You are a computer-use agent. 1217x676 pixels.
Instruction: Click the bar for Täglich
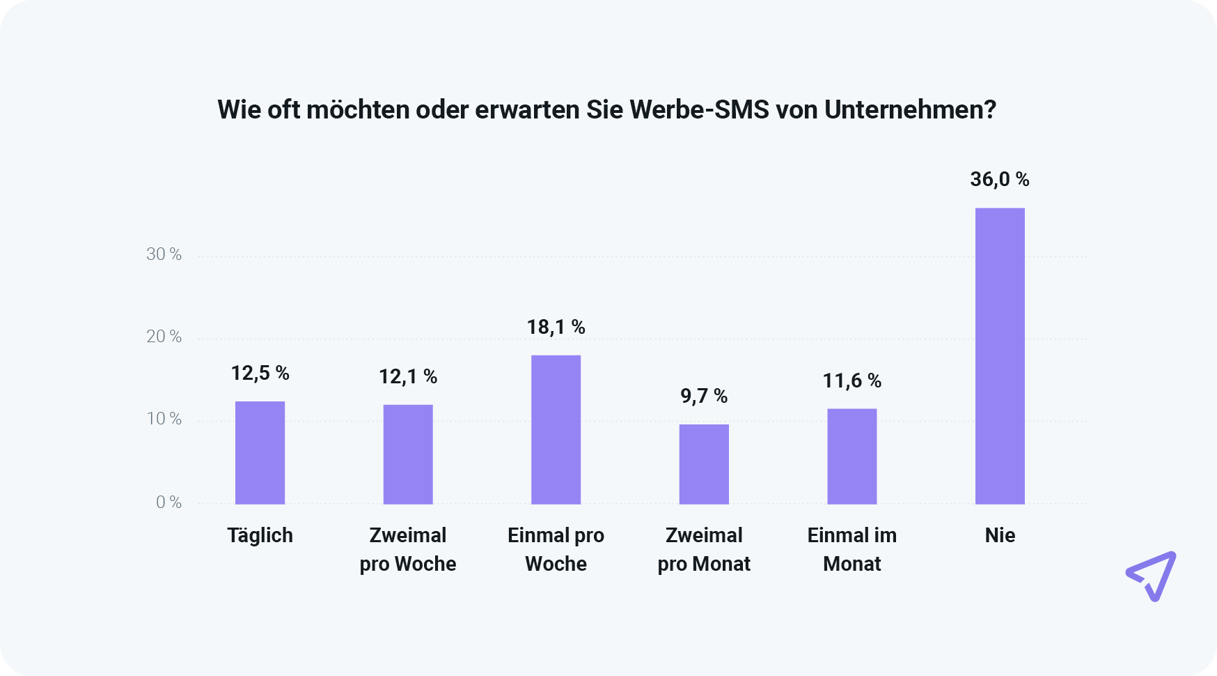tap(260, 452)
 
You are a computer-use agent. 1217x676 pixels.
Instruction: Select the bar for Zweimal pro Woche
tap(408, 454)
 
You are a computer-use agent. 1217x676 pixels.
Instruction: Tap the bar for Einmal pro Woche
tap(556, 429)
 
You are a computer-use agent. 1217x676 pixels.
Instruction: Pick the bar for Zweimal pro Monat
tap(704, 464)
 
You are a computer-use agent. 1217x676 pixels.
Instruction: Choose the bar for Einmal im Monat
tap(851, 456)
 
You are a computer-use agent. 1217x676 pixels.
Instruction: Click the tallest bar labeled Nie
tap(1000, 355)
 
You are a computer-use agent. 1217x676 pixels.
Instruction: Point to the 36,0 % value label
tap(1000, 180)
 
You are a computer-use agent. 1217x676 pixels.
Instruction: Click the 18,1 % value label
tap(556, 327)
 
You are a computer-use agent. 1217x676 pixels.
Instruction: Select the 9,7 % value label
tap(704, 397)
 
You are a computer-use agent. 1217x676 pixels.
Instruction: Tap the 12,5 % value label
tap(260, 374)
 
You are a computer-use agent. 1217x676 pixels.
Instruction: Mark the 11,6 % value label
tap(851, 381)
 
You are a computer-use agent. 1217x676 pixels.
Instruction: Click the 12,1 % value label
tap(408, 377)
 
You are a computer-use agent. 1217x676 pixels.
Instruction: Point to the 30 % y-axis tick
tap(164, 254)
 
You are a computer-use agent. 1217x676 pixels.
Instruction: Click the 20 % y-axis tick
tap(164, 337)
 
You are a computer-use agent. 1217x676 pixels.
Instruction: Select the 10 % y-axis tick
tap(164, 419)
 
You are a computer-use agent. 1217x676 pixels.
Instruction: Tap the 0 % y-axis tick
tap(168, 502)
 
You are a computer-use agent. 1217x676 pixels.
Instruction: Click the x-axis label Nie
tap(1000, 535)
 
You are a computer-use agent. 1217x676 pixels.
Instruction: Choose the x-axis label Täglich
tap(260, 535)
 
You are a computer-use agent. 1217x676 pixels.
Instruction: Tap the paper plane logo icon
tap(1152, 576)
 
